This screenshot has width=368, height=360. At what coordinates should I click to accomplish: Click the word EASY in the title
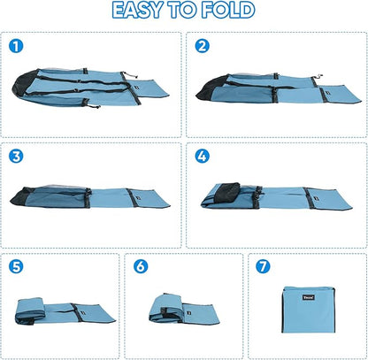[x=138, y=10]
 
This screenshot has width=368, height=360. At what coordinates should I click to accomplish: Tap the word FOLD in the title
[x=228, y=10]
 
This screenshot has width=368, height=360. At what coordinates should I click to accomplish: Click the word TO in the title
[x=183, y=10]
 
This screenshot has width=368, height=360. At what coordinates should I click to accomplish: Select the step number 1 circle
[x=16, y=46]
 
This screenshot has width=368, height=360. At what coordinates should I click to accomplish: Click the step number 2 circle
[x=203, y=46]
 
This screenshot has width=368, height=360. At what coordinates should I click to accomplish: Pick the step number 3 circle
[x=16, y=157]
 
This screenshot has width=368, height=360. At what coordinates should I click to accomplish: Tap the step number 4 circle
[x=203, y=157]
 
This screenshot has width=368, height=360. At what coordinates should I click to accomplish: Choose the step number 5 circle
[x=16, y=266]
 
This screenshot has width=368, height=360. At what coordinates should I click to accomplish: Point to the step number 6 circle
[x=141, y=266]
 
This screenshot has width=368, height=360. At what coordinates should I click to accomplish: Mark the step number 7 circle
[x=263, y=266]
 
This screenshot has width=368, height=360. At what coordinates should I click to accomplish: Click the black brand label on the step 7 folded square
[x=309, y=297]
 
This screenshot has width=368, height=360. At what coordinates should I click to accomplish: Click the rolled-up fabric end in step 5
[x=30, y=311]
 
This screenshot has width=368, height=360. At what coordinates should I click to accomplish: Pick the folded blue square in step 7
[x=309, y=310]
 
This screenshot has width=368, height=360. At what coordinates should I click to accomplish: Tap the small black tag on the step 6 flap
[x=188, y=311]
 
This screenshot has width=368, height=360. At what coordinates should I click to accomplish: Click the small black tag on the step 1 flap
[x=137, y=88]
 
